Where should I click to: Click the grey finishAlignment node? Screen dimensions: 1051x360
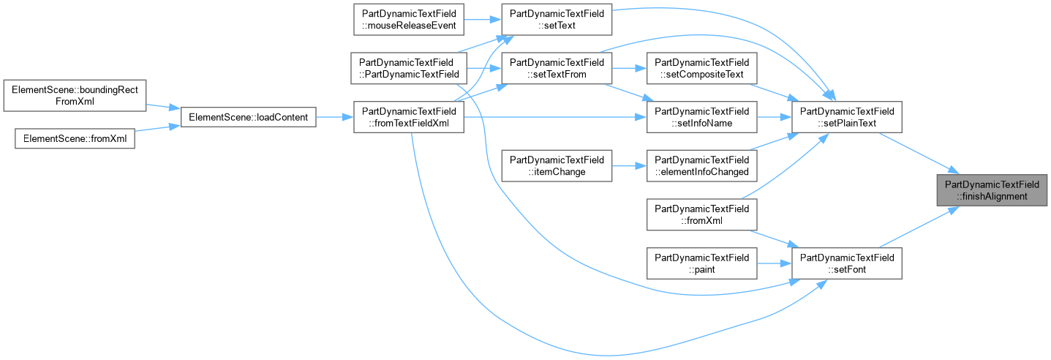click(x=992, y=190)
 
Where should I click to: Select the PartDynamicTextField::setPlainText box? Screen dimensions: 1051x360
click(x=847, y=117)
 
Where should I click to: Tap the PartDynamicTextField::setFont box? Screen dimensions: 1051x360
click(x=847, y=263)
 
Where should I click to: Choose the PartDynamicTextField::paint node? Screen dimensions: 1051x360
click(x=702, y=263)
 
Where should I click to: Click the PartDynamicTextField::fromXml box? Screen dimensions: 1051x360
click(x=702, y=214)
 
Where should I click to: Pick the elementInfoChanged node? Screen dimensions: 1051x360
click(x=702, y=165)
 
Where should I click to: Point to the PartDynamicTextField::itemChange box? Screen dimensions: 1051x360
click(x=557, y=165)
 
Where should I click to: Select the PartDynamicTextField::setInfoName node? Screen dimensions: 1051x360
click(x=702, y=117)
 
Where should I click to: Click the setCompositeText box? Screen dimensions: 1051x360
click(x=702, y=68)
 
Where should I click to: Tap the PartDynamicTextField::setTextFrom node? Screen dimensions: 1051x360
click(x=557, y=68)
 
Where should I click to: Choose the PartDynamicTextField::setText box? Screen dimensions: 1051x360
click(x=557, y=19)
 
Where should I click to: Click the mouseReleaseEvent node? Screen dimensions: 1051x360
click(x=409, y=19)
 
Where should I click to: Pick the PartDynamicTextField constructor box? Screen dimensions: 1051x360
click(x=409, y=68)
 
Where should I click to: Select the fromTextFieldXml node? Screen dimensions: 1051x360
click(x=409, y=117)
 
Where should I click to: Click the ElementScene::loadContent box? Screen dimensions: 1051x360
click(x=248, y=117)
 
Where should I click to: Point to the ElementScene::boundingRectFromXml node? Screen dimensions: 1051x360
click(x=75, y=95)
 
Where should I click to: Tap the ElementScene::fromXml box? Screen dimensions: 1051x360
click(x=75, y=138)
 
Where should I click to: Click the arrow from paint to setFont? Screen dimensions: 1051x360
click(x=775, y=263)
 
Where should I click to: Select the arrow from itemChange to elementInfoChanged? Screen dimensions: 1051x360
click(x=630, y=165)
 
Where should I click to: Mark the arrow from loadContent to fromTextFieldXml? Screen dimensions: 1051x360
click(x=334, y=117)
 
